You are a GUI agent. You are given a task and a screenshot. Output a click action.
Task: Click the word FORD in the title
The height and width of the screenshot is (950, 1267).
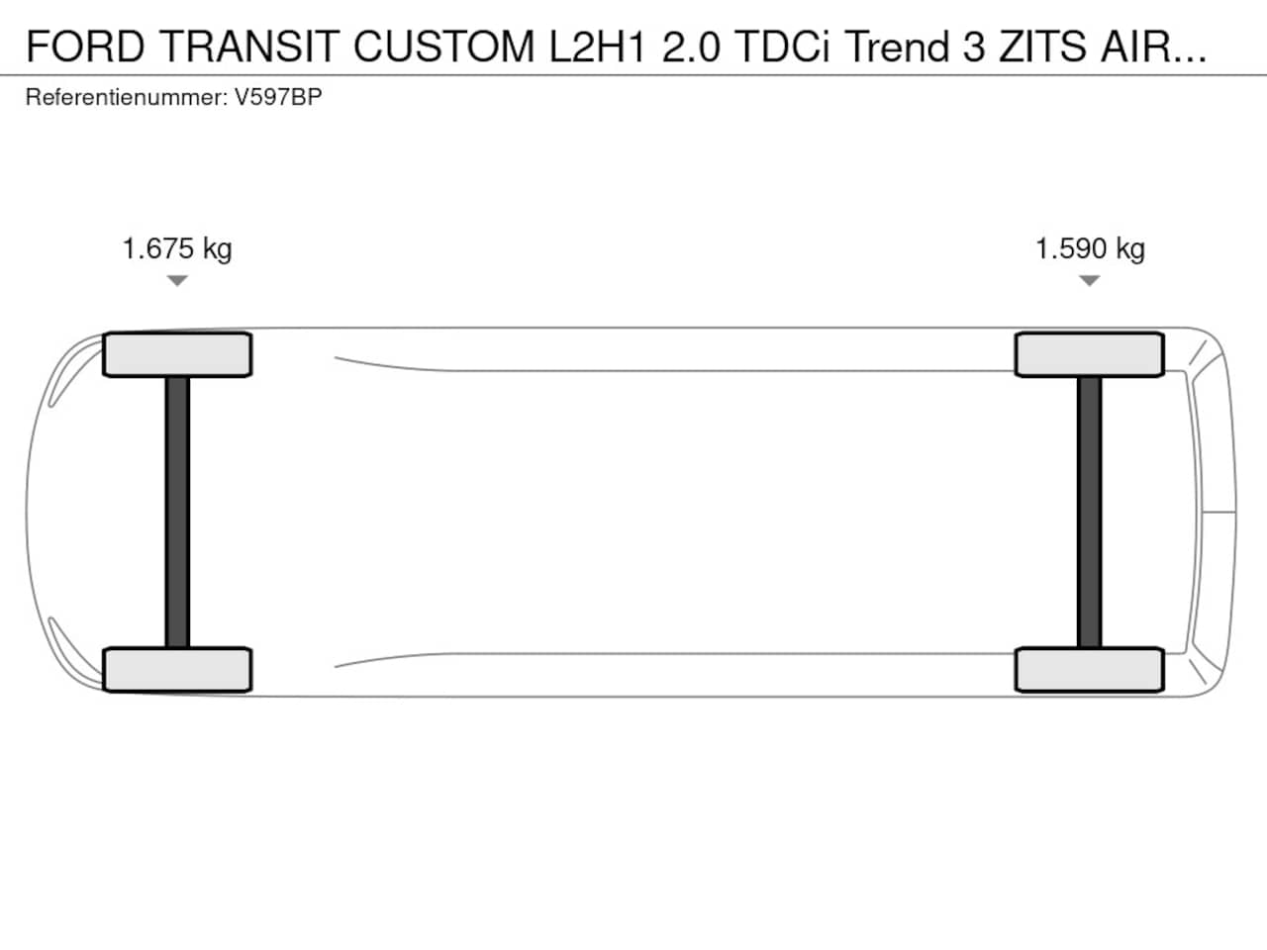click(85, 47)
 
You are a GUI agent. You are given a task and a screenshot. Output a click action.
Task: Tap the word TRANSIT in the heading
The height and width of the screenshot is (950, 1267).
click(249, 47)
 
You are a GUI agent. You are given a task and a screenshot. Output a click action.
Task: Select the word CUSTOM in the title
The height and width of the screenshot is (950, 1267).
click(443, 47)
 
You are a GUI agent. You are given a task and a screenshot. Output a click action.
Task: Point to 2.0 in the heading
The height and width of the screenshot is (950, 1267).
click(691, 47)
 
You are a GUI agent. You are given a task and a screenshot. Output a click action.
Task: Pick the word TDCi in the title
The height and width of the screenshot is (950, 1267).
click(783, 47)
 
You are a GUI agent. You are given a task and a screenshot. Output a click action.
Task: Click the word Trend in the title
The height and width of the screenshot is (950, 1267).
click(898, 47)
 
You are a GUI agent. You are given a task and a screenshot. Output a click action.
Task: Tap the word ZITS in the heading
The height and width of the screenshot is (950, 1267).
click(1042, 47)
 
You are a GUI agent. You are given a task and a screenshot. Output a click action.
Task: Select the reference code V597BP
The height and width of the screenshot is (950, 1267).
click(278, 97)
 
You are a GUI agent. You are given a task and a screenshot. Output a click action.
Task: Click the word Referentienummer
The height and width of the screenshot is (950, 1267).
click(127, 97)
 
